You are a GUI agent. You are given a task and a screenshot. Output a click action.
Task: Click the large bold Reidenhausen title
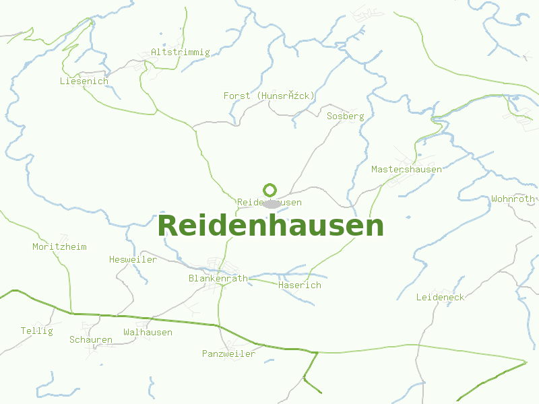pyautogui.click(x=270, y=226)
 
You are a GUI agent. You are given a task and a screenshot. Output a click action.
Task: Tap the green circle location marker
pyautogui.click(x=270, y=190)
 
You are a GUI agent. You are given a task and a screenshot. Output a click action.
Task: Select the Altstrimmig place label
pyautogui.click(x=181, y=52)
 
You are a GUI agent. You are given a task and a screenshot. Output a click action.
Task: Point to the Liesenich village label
pyautogui.click(x=84, y=81)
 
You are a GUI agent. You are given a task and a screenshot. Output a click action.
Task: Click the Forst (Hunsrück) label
pyautogui.click(x=269, y=96)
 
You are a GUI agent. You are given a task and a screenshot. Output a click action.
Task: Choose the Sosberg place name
pyautogui.click(x=345, y=116)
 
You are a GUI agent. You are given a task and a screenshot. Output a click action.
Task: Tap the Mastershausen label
pyautogui.click(x=406, y=169)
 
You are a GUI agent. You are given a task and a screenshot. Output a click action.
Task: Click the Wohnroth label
pyautogui.click(x=513, y=199)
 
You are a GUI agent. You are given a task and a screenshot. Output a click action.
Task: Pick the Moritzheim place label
pyautogui.click(x=59, y=246)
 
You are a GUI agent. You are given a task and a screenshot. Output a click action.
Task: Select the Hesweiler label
pyautogui.click(x=133, y=259)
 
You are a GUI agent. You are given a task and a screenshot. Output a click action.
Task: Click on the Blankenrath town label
pyautogui.click(x=218, y=278)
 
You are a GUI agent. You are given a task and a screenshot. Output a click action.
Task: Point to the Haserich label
pyautogui.click(x=299, y=285)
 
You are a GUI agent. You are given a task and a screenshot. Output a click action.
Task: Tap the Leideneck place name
pyautogui.click(x=440, y=297)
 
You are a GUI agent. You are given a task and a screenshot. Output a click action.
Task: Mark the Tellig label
pyautogui.click(x=36, y=331)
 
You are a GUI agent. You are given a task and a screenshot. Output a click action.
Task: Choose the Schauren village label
pyautogui.click(x=90, y=339)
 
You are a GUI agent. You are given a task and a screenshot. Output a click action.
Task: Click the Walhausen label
pyautogui.click(x=148, y=332)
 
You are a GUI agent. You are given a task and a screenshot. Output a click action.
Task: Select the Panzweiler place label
pyautogui.click(x=228, y=353)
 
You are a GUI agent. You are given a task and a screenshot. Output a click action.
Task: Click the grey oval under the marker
pyautogui.click(x=272, y=203)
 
